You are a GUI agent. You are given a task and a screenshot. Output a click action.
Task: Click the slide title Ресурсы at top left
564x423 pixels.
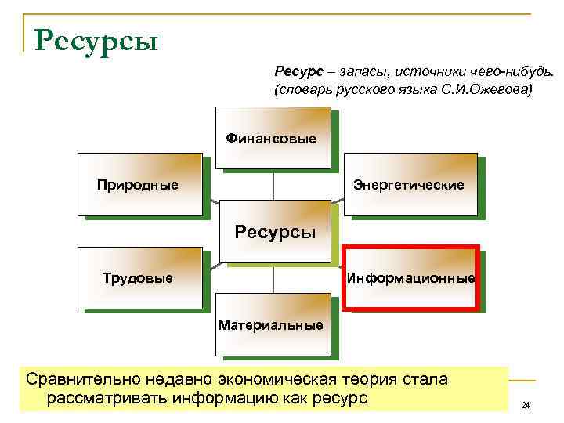click(x=96, y=38)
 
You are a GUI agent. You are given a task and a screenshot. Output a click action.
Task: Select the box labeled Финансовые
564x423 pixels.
click(x=272, y=139)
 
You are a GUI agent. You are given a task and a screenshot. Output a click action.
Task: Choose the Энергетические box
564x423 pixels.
click(x=409, y=185)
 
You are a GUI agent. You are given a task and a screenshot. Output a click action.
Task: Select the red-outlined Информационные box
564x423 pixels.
click(x=411, y=278)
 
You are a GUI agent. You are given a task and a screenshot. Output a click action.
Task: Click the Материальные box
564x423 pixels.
click(x=271, y=324)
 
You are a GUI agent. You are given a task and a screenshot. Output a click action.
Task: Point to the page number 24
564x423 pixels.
click(x=526, y=405)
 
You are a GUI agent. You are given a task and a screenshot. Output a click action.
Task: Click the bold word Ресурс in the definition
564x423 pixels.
click(x=294, y=72)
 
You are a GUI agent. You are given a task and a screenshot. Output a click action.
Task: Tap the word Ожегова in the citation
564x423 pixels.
click(x=501, y=90)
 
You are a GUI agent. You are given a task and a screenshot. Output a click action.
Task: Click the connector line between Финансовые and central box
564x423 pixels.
click(x=273, y=185)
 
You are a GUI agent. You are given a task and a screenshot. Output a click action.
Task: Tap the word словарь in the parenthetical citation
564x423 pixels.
click(x=302, y=90)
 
